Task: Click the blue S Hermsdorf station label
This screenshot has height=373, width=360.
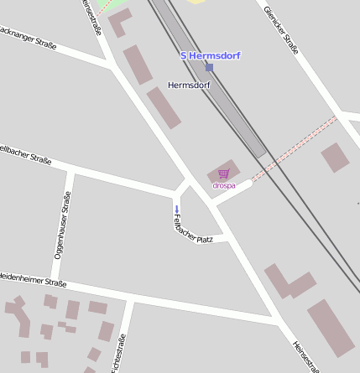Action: point(211,55)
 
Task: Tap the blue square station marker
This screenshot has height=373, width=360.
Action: point(209,67)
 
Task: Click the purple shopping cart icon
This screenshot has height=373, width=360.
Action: point(223,174)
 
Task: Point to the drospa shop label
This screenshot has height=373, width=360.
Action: point(224,185)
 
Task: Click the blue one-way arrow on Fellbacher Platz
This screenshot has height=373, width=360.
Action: point(176,208)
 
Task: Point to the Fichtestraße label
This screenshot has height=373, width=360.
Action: point(122,352)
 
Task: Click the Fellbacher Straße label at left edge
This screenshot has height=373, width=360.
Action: point(25,155)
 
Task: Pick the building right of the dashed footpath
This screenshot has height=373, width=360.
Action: point(335,157)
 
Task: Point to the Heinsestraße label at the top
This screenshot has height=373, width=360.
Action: point(91,17)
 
